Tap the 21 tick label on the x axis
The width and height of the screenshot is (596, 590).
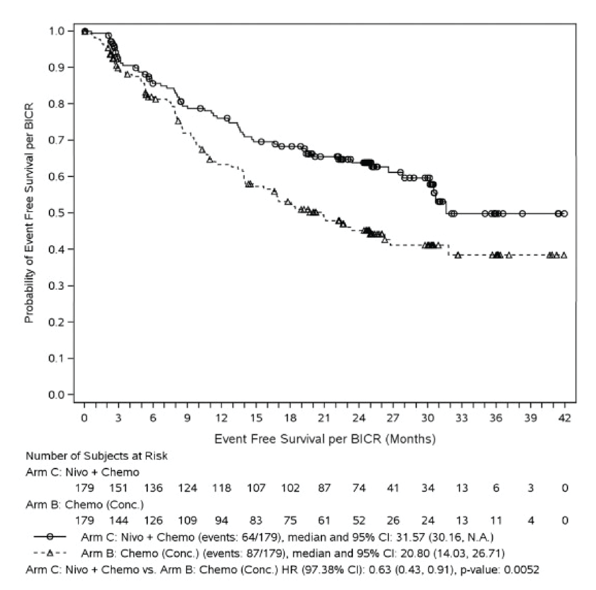point(324,419)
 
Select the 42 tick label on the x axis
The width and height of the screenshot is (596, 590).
point(565,419)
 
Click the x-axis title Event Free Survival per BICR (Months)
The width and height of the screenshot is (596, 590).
point(325,439)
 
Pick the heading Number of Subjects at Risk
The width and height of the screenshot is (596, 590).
point(97,456)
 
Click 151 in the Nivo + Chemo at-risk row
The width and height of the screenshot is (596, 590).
point(119,488)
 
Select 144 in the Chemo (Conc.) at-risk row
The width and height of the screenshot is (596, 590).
point(119,521)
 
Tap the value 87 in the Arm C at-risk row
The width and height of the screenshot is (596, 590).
point(324,488)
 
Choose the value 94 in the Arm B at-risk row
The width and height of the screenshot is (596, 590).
point(222,521)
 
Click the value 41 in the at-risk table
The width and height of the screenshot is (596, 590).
point(393,488)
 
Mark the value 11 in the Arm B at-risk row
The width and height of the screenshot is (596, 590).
point(496,521)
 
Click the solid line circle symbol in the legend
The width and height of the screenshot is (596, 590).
point(50,537)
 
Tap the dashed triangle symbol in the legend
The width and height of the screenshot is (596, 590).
point(50,553)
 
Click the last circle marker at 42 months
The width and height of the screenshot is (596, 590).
point(564,214)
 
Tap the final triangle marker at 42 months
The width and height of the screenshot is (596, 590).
point(564,255)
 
